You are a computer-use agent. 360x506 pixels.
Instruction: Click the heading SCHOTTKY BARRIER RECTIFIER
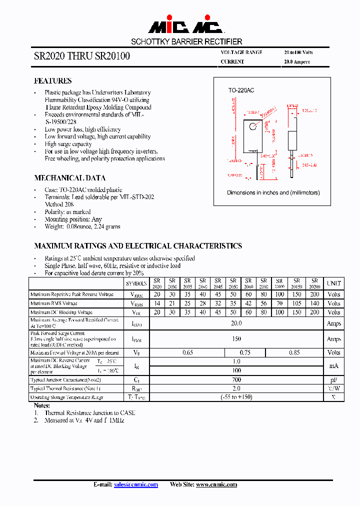coord(186,42)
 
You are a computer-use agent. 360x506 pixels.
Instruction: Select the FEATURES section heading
coord(52,81)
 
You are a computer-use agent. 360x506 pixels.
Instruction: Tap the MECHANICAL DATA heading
coord(69,178)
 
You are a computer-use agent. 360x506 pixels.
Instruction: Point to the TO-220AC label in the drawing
coord(241,90)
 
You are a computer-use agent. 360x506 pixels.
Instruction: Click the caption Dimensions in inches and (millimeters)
coord(273,192)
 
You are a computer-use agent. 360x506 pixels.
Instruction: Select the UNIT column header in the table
coord(333,283)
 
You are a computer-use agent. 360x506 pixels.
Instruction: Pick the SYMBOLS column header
coord(136,283)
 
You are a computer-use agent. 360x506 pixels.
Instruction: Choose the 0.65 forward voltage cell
coord(187,352)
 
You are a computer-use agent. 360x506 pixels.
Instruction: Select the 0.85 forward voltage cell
coord(294,352)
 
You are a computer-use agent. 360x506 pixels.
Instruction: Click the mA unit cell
coord(333,365)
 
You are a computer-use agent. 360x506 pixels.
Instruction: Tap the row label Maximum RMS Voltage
coord(53,303)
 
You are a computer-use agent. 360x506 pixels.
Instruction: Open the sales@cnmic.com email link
coord(136,484)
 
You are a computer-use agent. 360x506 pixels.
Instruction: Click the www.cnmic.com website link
coord(216,484)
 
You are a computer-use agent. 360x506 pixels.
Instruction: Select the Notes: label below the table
coord(41,405)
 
